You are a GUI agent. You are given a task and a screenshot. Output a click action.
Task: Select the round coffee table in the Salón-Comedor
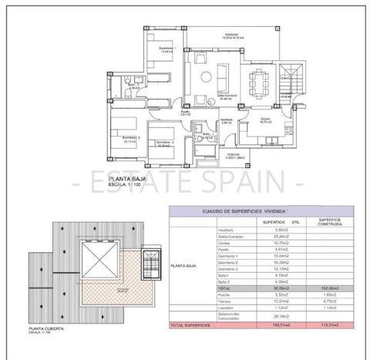pos(207,76)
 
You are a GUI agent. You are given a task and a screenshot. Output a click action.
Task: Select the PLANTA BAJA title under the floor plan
pos(128,179)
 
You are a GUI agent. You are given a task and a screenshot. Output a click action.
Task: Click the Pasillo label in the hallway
pos(186,113)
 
